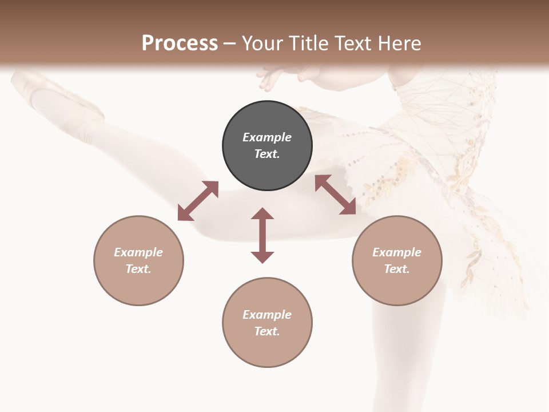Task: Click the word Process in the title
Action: [x=180, y=43]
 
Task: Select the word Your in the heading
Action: [x=264, y=43]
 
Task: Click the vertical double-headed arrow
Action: [x=262, y=235]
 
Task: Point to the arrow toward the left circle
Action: [x=198, y=200]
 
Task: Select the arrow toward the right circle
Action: [x=335, y=195]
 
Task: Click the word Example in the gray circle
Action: [x=267, y=137]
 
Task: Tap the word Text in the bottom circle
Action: [x=267, y=331]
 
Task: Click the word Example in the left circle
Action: [x=138, y=252]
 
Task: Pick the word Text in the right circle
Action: [x=397, y=269]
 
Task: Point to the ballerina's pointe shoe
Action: [x=57, y=97]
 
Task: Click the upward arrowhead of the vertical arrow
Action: [x=262, y=214]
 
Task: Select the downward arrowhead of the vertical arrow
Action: [x=262, y=257]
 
